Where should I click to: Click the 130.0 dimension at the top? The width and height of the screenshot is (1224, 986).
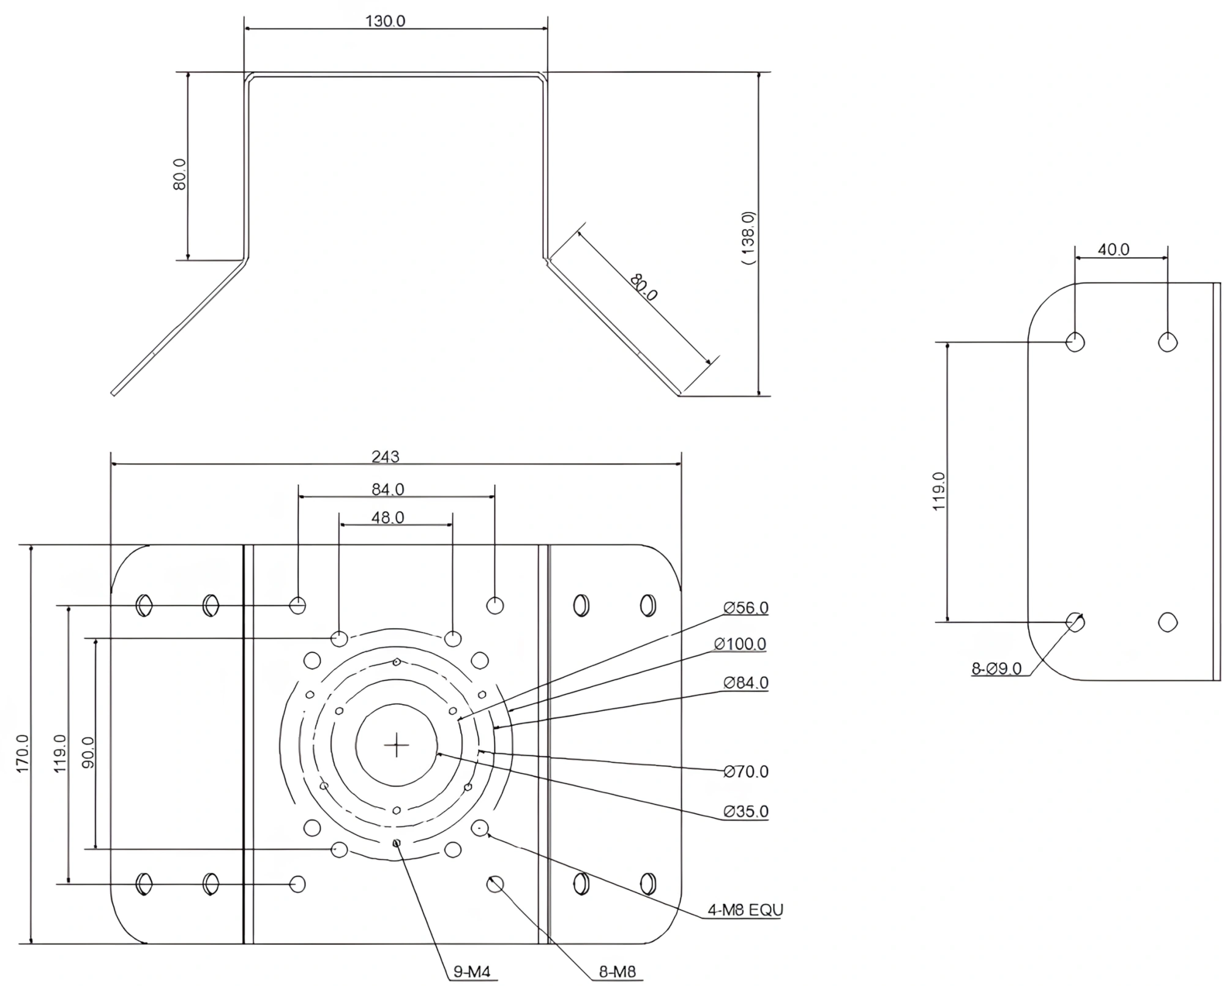click(385, 21)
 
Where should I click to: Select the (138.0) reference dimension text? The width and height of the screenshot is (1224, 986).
click(748, 237)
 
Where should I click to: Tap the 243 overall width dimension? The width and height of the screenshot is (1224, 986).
click(385, 457)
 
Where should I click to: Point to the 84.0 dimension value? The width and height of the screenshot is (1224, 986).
click(388, 489)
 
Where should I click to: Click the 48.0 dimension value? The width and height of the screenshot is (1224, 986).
click(388, 518)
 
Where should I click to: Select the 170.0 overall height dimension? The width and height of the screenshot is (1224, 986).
click(23, 753)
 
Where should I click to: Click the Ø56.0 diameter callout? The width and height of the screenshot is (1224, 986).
click(745, 608)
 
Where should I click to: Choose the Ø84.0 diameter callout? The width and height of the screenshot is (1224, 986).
click(745, 682)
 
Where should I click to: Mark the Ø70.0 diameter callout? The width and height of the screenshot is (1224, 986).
click(745, 772)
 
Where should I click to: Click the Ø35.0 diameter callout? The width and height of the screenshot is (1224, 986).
click(745, 812)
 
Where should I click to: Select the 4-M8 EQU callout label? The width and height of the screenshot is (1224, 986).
click(745, 910)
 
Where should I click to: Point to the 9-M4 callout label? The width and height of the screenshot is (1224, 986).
click(472, 972)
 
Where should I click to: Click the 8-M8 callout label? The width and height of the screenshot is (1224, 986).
click(618, 972)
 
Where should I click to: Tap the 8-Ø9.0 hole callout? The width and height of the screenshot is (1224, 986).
click(996, 669)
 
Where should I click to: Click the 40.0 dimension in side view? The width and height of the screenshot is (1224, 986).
click(1113, 250)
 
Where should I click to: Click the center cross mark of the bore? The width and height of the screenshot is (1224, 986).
click(397, 745)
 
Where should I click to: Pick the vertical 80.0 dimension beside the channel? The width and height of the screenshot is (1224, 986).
click(179, 174)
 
